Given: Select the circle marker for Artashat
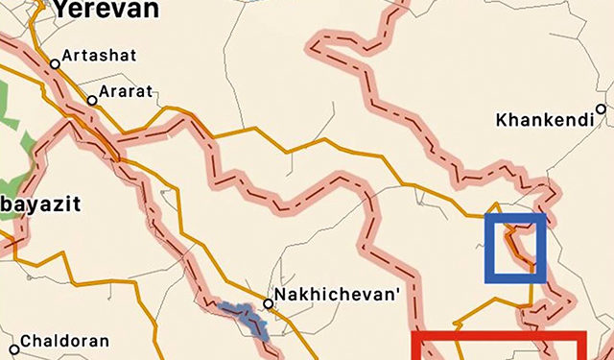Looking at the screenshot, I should pos(56,64).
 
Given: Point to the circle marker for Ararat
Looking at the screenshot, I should pos(92,100).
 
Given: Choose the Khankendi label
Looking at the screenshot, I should pos(541,121).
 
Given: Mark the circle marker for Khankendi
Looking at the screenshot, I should pos(602,109).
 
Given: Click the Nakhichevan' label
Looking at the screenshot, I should pos(336,295).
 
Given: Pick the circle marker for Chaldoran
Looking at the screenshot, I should pos(13,348).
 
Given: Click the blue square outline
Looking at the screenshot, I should pos(515,248).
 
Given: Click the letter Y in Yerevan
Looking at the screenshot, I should pos(60,9).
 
